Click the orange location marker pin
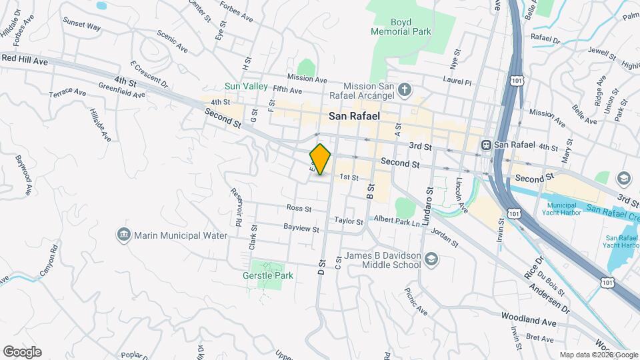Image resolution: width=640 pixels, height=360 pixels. pos(321,159)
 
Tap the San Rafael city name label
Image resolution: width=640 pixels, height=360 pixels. pos(354,116)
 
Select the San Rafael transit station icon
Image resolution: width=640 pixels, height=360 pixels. pos(487,145)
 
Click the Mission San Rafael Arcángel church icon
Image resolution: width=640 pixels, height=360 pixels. pos(404,89)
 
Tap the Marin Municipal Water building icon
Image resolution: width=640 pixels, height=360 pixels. pos(123,235)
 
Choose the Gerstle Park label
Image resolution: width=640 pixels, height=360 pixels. pos(267,276)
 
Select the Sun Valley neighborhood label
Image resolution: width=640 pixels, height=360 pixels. pos(246,87)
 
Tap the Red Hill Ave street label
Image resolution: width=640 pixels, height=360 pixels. pos(25,59)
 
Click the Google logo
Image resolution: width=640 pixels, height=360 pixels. pos(22,351)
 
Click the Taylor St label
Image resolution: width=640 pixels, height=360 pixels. pos(349,220)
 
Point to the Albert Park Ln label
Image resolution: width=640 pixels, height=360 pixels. pos(397,220)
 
